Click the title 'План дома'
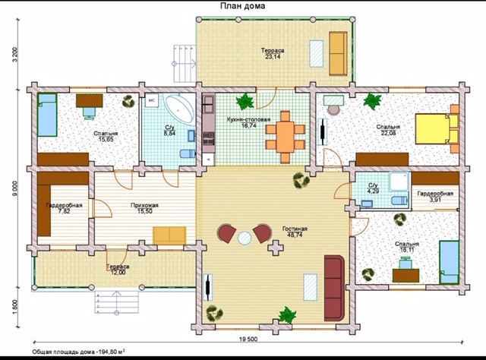point(242,6)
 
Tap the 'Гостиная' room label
point(295,229)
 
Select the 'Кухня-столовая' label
point(248,119)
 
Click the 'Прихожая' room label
point(144,205)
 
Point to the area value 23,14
point(273,56)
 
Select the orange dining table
point(286,137)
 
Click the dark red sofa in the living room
point(334,288)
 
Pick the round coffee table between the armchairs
point(245,238)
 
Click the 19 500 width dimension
point(248,339)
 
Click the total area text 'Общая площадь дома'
point(63,352)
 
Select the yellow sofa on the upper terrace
point(338,53)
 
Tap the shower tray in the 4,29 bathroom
point(400,182)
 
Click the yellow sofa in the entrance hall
point(169,235)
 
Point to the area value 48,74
point(295,235)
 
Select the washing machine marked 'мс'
point(152,100)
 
